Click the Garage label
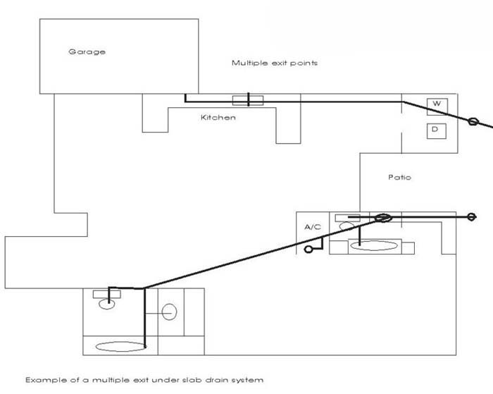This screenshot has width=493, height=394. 87,51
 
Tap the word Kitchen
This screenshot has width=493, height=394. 218,117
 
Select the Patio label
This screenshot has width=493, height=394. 399,177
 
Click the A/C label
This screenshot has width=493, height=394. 313,227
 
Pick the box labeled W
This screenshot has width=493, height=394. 437,104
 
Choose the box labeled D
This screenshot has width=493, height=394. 436,130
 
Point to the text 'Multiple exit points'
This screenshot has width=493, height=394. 275,63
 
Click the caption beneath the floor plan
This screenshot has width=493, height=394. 144,380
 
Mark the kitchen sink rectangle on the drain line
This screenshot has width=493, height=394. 248,100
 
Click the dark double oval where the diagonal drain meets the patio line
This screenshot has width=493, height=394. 382,218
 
